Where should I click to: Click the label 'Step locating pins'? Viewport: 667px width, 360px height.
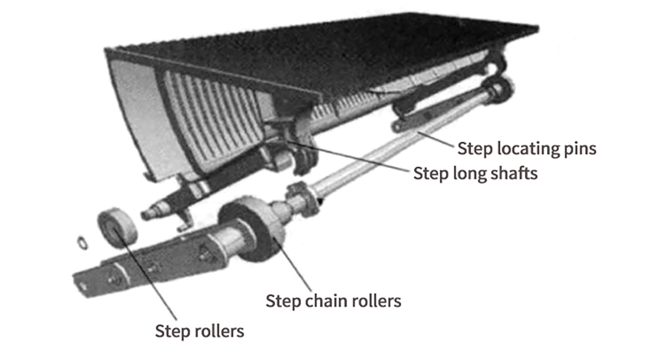tap(526, 149)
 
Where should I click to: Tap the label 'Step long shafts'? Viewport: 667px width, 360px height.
tap(475, 173)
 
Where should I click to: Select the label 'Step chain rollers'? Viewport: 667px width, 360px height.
tap(333, 301)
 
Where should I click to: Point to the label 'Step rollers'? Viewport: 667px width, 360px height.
tap(199, 332)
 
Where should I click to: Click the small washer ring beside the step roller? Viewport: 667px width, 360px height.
tap(82, 242)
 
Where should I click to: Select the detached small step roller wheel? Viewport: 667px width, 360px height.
tap(117, 227)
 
